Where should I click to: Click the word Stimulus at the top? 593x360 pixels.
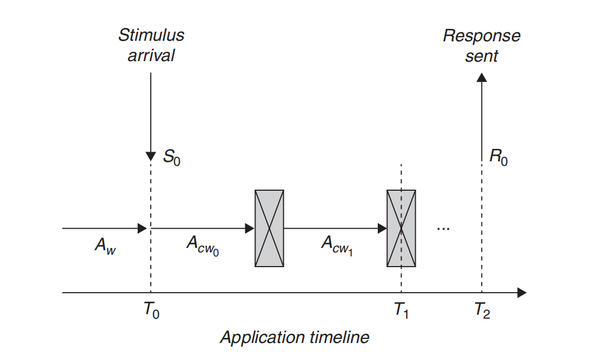(151, 35)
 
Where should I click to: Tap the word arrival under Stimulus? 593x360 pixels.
(151, 55)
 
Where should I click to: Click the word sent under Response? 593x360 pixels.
(481, 57)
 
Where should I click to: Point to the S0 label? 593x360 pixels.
(172, 157)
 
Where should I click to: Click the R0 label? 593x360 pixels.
(498, 157)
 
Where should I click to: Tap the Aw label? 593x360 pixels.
(105, 246)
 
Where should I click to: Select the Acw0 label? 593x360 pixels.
(203, 246)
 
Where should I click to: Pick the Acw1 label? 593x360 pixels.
(338, 246)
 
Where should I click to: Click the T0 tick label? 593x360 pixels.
(151, 310)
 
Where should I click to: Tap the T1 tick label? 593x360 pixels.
(401, 310)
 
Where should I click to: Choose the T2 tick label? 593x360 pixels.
(482, 310)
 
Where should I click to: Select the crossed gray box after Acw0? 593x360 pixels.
(269, 229)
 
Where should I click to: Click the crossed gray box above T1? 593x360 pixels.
(401, 229)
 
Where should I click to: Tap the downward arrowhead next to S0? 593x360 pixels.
(151, 157)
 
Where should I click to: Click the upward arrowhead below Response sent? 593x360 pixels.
(481, 78)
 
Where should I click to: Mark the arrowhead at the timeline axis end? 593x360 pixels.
(522, 292)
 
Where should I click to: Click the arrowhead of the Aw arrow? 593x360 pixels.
(142, 229)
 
